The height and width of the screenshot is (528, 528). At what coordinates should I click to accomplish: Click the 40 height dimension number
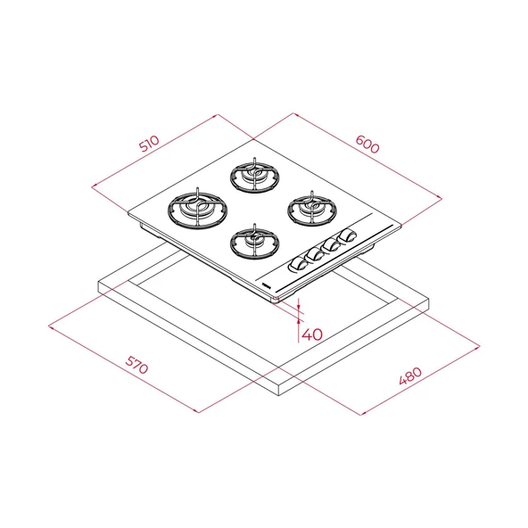[311, 335]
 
